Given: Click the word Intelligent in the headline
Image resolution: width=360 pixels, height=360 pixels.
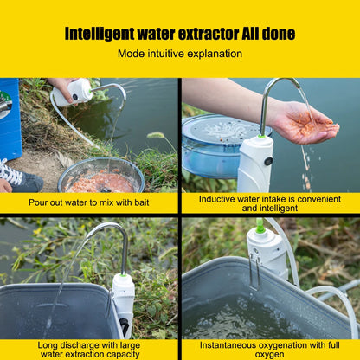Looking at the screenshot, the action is click(x=100, y=34).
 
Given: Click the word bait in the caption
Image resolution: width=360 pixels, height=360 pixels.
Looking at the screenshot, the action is click(x=141, y=202).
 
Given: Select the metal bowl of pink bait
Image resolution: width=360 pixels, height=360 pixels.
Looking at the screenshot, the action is click(x=100, y=176).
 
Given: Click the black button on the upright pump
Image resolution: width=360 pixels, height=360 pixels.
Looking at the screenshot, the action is click(x=269, y=161).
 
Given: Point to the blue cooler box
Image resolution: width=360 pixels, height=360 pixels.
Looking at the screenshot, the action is click(x=10, y=119).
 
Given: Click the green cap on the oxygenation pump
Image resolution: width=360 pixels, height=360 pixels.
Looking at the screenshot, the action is click(x=260, y=226).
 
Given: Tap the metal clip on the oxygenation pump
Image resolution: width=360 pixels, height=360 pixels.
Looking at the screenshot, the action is click(x=254, y=271).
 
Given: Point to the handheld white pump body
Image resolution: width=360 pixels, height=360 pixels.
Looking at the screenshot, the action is click(x=72, y=92).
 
